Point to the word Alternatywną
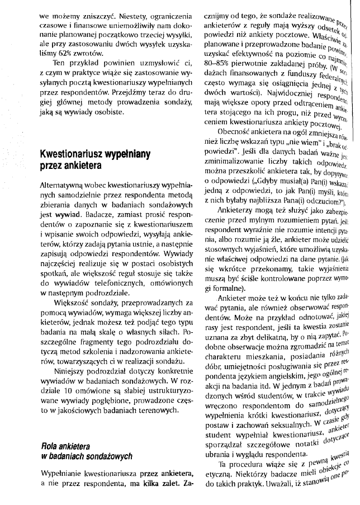click(63, 184)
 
